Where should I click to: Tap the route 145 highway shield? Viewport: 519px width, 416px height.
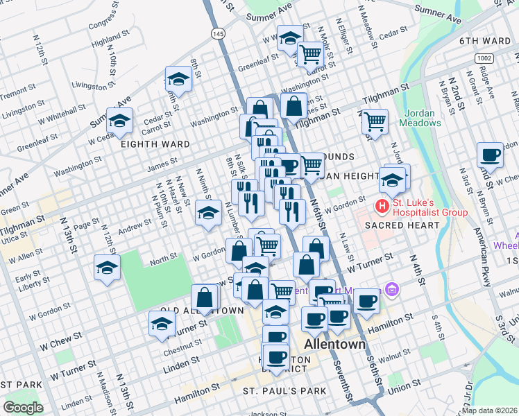pos(218,33)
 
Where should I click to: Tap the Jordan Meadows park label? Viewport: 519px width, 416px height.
pos(419,118)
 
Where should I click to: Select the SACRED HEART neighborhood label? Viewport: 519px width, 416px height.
pos(402,225)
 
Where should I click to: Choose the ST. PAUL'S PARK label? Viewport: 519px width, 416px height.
pos(284,391)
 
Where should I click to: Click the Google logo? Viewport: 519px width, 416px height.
pos(24,408)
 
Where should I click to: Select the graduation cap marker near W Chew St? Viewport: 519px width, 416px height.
pos(162,323)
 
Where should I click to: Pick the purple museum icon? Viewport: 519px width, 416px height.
pos(392,288)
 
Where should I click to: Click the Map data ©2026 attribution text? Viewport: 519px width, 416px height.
pos(488,410)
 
